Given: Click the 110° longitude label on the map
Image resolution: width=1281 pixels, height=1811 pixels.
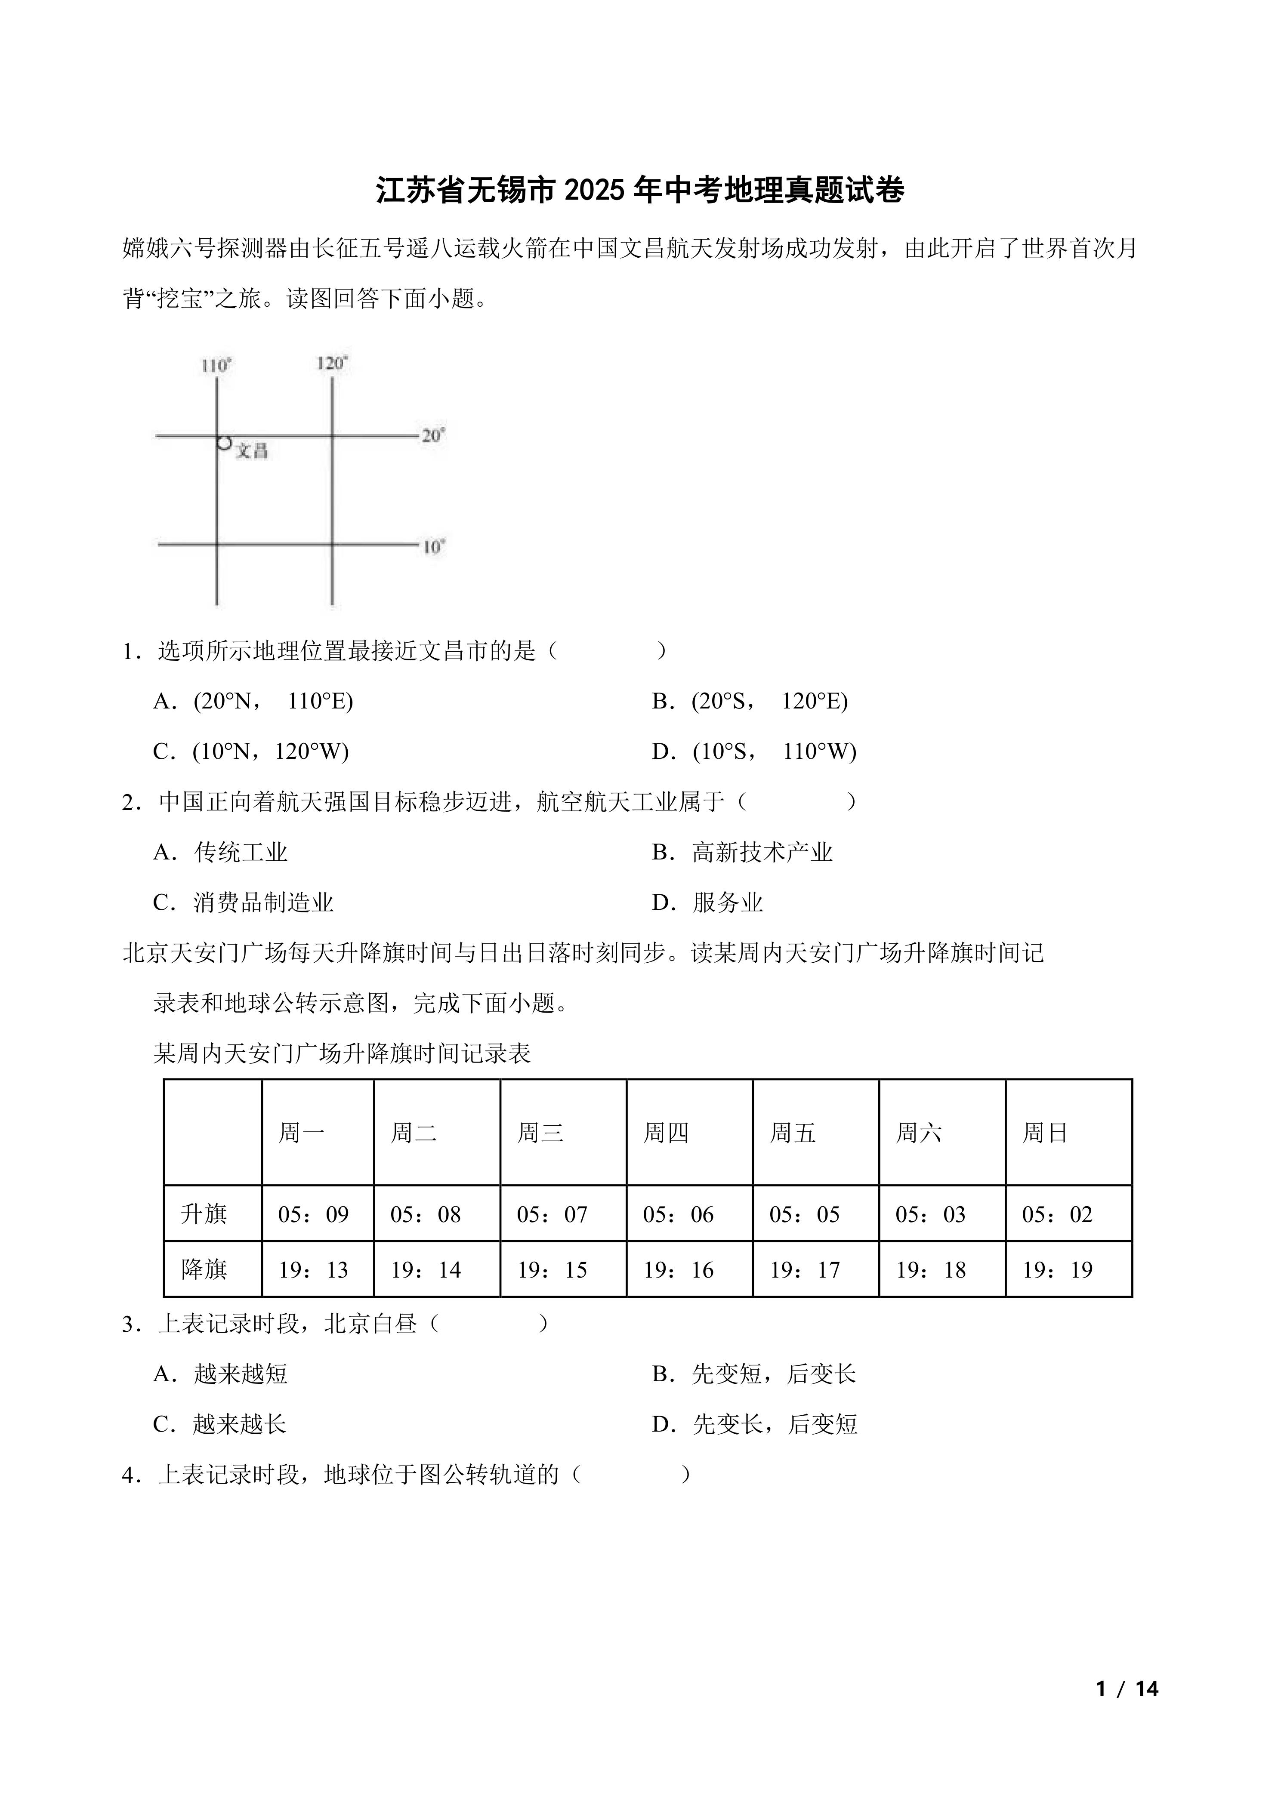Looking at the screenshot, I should (x=216, y=366).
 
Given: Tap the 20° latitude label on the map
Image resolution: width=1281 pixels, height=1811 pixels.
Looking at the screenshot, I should (x=433, y=435).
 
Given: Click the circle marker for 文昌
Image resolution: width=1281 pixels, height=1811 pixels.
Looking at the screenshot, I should (x=224, y=443).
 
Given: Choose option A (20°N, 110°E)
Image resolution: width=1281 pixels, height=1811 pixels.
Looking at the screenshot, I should (x=253, y=701).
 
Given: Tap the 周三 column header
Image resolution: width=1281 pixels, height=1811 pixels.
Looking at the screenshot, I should (x=540, y=1133).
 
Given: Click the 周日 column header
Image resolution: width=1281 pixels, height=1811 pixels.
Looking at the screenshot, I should (x=1045, y=1133).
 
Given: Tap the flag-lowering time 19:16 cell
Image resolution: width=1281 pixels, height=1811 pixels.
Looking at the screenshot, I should (x=678, y=1270).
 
